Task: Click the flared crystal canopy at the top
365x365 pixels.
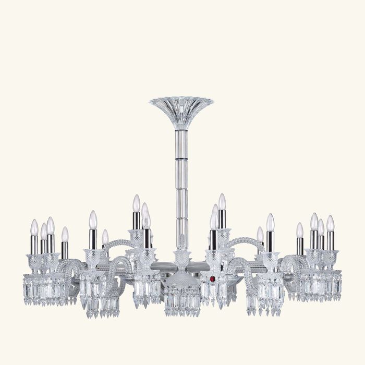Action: (x=181, y=107)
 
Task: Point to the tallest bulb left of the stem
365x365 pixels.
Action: (x=136, y=203)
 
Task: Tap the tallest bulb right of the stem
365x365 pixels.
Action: (x=222, y=201)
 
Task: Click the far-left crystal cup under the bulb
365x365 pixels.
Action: (x=34, y=262)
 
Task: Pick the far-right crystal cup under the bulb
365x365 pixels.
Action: (x=331, y=259)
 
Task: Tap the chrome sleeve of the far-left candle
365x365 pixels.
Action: (x=34, y=244)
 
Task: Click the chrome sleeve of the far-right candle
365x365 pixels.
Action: (x=331, y=241)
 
